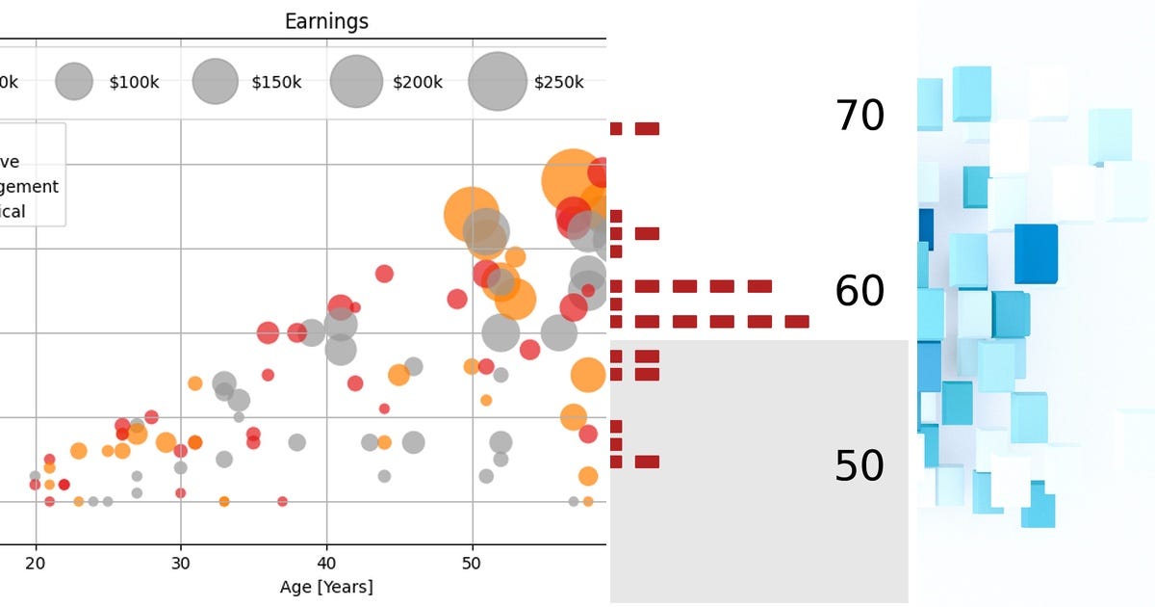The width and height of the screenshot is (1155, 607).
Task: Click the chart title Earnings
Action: [326, 21]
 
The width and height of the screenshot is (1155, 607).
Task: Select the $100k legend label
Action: [134, 83]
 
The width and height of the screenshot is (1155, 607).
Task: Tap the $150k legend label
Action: [276, 83]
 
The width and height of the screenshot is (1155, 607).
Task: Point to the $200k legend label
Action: [418, 83]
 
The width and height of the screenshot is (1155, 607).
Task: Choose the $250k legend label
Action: [558, 83]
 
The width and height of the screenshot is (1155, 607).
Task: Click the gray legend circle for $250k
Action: [498, 82]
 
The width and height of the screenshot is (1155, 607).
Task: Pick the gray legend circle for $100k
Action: [74, 82]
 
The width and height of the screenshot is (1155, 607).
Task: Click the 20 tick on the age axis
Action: [36, 563]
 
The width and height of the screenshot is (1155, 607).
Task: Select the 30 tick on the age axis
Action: [181, 563]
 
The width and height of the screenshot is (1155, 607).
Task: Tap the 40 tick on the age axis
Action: [326, 563]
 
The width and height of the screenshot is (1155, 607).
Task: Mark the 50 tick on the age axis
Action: [472, 563]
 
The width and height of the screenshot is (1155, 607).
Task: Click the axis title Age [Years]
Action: [326, 587]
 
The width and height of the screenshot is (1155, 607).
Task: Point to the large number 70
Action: [860, 117]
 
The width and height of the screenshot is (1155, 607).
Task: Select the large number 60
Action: [860, 291]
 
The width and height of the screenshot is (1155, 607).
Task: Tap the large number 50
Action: [860, 466]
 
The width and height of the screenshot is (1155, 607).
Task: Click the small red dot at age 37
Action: [282, 501]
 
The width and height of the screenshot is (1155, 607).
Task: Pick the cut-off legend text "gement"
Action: [30, 187]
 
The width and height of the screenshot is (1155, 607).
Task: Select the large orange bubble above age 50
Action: [471, 214]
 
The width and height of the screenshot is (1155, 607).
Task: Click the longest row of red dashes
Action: [709, 322]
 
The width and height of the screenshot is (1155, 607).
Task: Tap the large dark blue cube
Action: [1036, 253]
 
